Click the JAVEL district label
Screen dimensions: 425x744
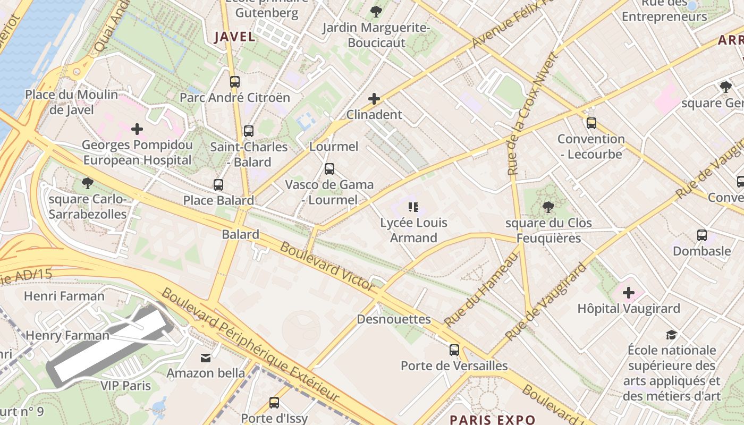click(x=234, y=37)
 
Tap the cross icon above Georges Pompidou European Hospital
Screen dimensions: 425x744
click(x=137, y=129)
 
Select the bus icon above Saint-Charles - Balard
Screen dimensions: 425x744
click(x=249, y=131)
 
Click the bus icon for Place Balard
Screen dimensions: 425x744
click(x=218, y=185)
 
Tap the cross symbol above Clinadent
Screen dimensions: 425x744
click(x=374, y=99)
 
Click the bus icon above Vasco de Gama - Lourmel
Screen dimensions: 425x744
click(x=329, y=169)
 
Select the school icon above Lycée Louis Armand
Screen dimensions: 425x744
click(x=413, y=207)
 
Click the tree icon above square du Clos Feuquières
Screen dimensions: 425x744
click(x=548, y=207)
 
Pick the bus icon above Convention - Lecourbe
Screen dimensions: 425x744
click(x=591, y=123)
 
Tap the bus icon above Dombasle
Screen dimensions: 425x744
click(x=701, y=235)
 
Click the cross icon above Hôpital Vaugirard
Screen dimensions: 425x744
click(x=629, y=293)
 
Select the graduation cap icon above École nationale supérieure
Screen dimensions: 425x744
click(x=672, y=335)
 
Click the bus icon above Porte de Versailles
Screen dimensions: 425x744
click(x=454, y=350)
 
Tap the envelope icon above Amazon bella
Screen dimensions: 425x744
click(x=206, y=358)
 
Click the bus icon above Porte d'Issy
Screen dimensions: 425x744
click(x=274, y=403)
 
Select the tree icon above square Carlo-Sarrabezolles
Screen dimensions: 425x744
click(x=88, y=184)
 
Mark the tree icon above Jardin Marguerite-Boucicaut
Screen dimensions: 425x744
click(x=376, y=11)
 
